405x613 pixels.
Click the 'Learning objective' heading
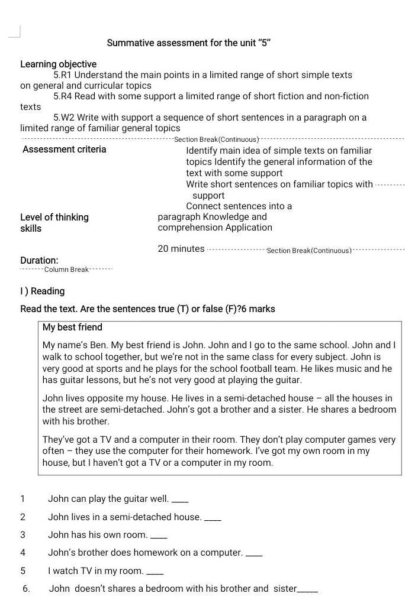click(x=58, y=64)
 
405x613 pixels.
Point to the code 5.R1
click(x=62, y=75)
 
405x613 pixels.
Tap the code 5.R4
click(x=62, y=96)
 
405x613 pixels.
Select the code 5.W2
click(x=63, y=117)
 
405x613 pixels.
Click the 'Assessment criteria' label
click(x=65, y=149)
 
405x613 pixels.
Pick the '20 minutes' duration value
click(x=181, y=249)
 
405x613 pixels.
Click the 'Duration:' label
click(x=39, y=260)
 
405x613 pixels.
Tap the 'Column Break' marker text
click(x=66, y=270)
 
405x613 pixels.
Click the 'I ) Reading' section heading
click(x=43, y=291)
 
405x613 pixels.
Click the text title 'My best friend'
click(x=72, y=327)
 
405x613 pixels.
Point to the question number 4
click(x=23, y=553)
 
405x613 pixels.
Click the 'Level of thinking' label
click(x=54, y=217)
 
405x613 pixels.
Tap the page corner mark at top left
click(x=15, y=32)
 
